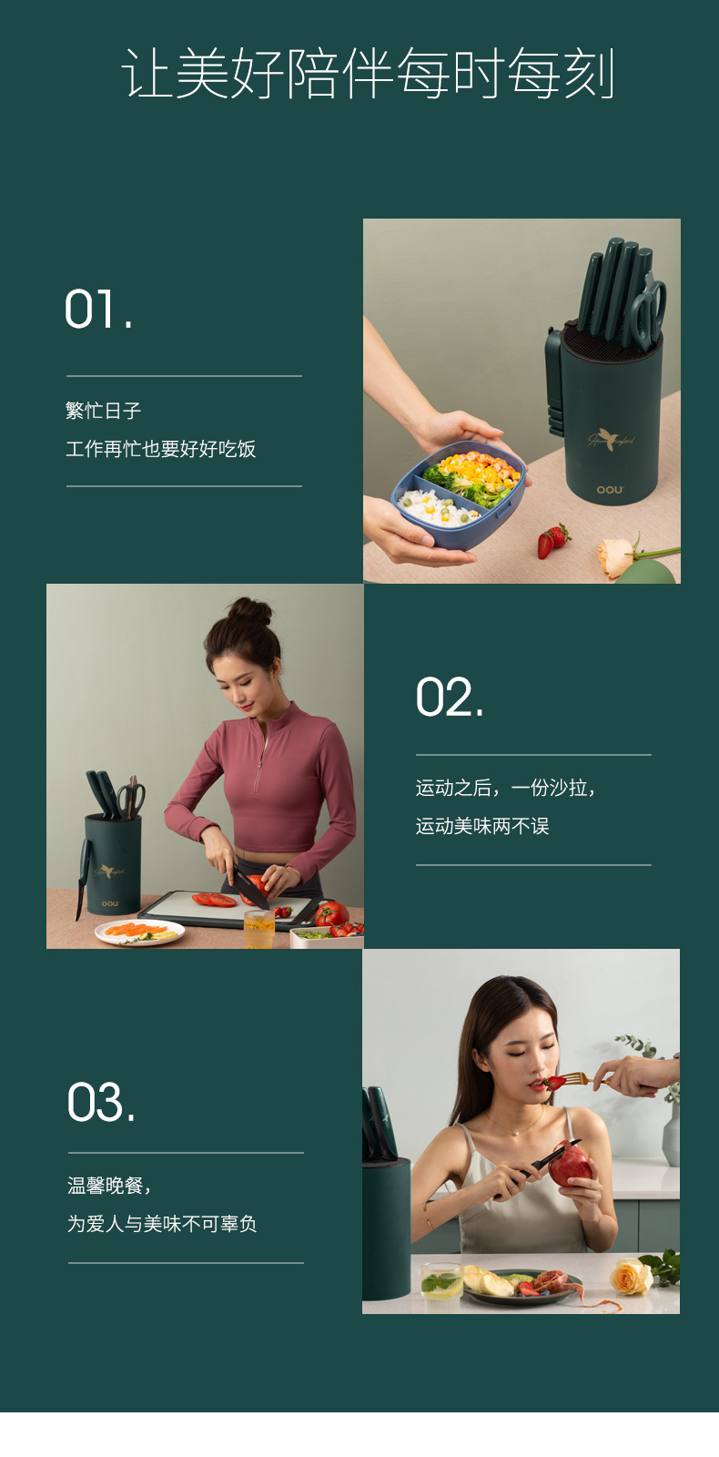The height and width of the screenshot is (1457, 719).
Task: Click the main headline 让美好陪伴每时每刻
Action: click(368, 73)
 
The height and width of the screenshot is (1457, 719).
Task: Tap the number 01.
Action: click(98, 309)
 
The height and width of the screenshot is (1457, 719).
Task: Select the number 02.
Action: click(450, 698)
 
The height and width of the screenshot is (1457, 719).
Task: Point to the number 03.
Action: click(101, 1102)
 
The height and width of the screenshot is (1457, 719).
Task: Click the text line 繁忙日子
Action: click(104, 411)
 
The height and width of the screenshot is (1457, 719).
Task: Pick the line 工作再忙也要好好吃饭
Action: click(160, 449)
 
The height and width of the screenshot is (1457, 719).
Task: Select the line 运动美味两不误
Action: click(482, 826)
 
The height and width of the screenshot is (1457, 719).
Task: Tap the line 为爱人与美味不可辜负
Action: click(163, 1224)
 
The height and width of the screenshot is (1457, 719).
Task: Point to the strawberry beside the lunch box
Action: click(552, 541)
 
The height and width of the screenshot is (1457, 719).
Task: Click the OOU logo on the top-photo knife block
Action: click(610, 489)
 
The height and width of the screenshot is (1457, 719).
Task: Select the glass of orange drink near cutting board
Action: click(258, 929)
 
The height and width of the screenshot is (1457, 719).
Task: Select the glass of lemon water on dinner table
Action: click(441, 1282)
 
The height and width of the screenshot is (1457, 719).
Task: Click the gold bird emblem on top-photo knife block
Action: click(609, 438)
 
